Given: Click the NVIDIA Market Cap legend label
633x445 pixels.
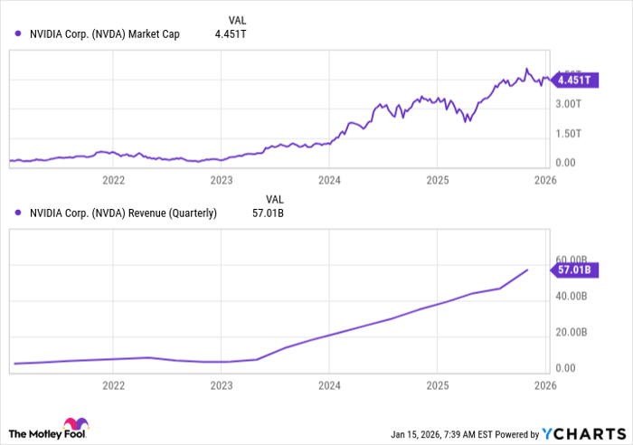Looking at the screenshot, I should tap(103, 34).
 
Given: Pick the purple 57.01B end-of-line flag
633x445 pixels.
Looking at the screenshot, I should tap(573, 270).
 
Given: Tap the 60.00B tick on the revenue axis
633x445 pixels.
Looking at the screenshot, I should tap(573, 260).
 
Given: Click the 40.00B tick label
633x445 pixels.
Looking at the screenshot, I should tap(573, 296).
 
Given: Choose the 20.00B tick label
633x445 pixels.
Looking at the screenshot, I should tap(573, 332).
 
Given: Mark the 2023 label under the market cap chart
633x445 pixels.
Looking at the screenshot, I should tap(222, 180).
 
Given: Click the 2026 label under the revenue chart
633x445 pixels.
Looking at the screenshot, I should tap(544, 384).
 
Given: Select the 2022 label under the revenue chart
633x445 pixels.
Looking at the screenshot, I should tap(114, 384).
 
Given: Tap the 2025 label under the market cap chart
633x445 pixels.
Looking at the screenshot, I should tap(437, 180).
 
